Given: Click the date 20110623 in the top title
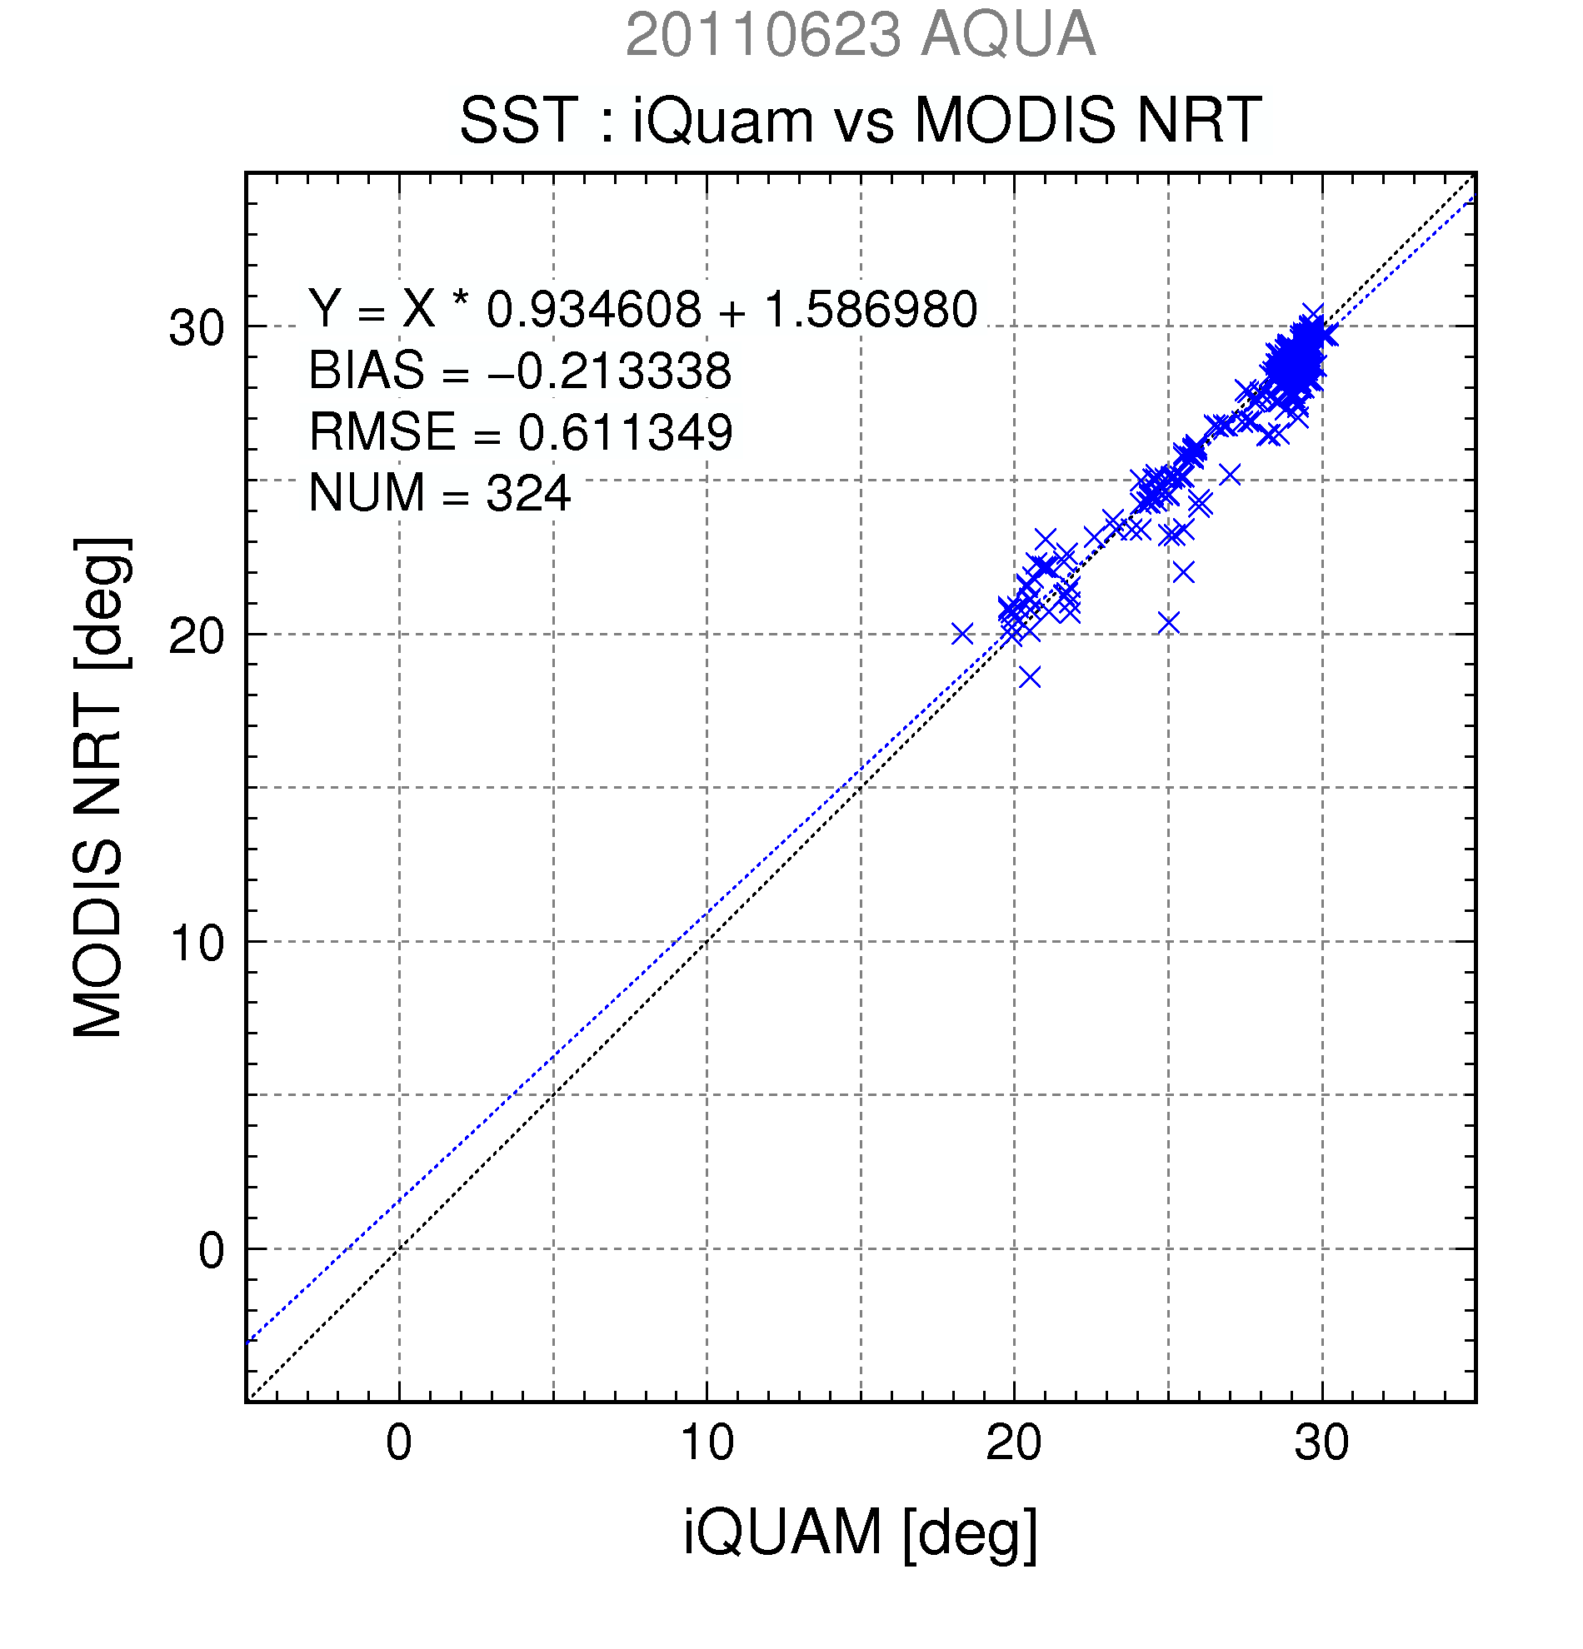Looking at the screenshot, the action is [763, 35].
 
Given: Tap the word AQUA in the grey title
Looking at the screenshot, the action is [1008, 35].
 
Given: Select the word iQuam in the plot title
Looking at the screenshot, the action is [723, 120].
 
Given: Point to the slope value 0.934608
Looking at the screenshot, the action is [594, 309].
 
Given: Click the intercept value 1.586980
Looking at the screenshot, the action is [870, 309].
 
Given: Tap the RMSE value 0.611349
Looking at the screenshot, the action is [624, 432].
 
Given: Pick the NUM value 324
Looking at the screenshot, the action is [528, 493].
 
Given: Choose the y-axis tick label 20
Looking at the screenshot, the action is [197, 636].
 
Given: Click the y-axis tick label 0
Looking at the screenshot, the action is [212, 1251].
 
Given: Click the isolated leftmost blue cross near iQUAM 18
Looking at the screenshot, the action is [962, 634].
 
